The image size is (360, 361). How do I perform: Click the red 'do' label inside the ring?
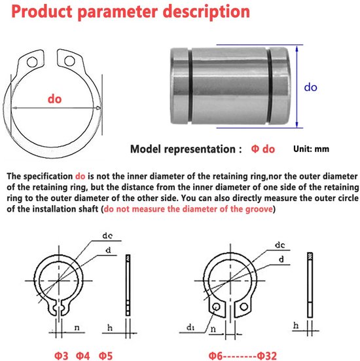(55, 99)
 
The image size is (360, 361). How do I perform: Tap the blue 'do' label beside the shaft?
(310, 87)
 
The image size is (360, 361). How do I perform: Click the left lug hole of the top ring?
(32, 62)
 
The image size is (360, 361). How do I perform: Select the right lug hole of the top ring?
(69, 61)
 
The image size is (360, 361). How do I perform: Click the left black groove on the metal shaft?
(190, 85)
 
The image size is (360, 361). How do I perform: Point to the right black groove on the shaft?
(270, 85)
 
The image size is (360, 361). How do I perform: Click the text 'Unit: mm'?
(311, 149)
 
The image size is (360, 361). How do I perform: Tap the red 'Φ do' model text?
(263, 149)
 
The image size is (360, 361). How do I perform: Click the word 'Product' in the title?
(42, 12)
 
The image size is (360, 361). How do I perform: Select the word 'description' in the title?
(206, 12)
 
